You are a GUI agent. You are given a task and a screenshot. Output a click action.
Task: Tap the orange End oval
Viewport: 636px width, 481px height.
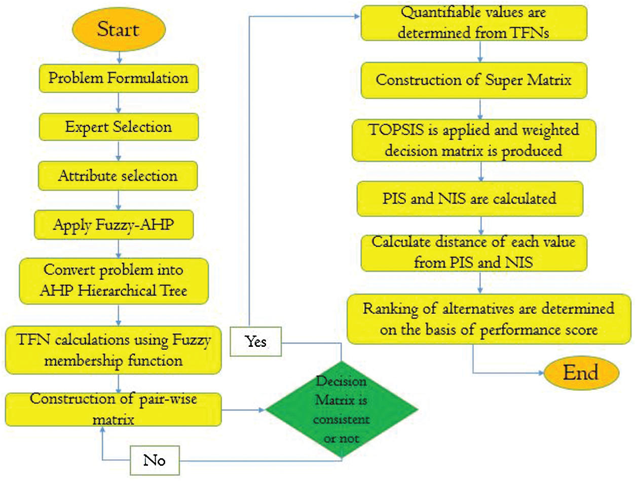point(581,374)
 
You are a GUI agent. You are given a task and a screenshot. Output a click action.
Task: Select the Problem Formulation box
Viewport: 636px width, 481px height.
point(118,78)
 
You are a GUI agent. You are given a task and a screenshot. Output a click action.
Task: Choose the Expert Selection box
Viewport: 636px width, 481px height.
point(118,127)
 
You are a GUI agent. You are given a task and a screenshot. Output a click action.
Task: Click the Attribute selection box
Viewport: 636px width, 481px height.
point(118,176)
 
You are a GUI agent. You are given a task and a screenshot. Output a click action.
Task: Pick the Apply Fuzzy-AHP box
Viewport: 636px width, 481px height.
point(114,224)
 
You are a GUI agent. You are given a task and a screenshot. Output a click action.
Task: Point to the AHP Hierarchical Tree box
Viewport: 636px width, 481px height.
point(114,281)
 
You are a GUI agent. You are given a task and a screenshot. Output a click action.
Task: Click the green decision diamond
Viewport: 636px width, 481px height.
point(342,409)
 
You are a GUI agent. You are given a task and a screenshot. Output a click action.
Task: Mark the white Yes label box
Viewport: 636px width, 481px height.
point(256,342)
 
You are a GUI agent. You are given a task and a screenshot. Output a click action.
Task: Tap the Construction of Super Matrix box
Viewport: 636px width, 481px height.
point(474,81)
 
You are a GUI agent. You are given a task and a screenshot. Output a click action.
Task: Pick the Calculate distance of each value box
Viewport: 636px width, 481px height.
point(474,252)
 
